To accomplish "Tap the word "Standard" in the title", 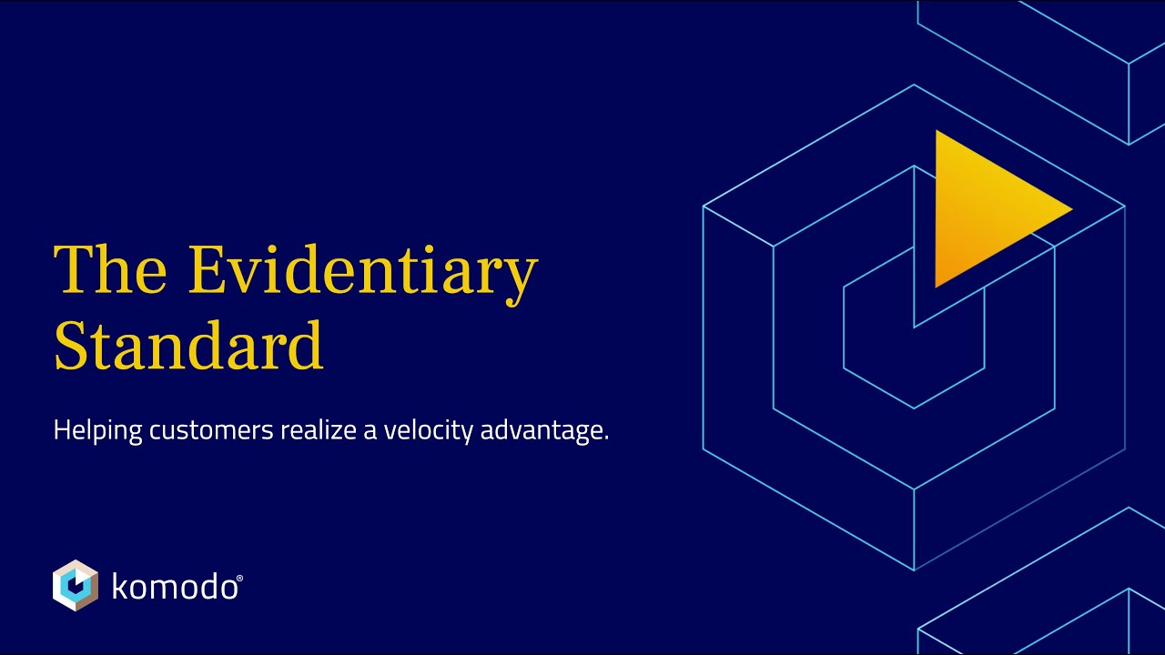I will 188,345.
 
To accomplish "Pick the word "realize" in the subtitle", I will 318,430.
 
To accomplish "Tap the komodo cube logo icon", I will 76,585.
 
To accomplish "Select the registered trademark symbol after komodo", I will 239,579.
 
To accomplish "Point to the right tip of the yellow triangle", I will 1070,210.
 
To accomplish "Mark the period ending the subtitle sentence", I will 606,438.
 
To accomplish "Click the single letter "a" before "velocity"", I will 370,432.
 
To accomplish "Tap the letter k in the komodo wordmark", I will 118,587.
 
